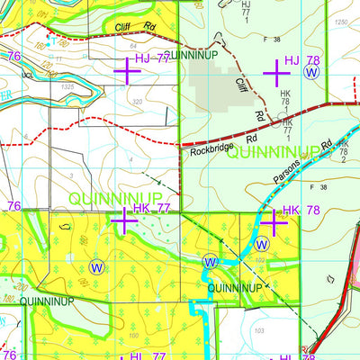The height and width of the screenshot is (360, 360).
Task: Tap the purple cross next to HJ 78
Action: coord(274,68)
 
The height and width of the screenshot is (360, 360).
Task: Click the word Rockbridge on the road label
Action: coord(211,152)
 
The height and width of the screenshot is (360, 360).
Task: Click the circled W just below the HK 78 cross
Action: coord(262,243)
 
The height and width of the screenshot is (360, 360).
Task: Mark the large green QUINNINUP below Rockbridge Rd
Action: coord(270,153)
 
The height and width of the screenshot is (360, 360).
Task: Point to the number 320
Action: coord(137,103)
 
